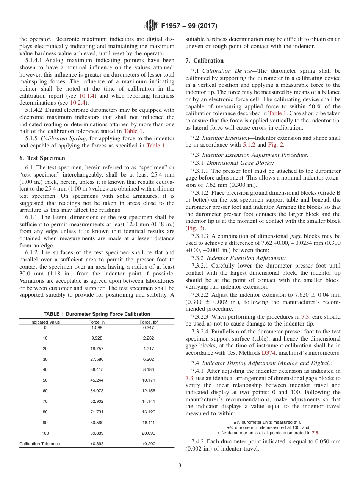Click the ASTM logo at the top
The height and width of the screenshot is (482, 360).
click(x=151, y=26)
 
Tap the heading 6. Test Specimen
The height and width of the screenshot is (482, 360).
click(x=42, y=158)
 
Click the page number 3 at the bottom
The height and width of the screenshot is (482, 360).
click(x=180, y=466)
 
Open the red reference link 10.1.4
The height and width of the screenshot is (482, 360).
click(x=87, y=96)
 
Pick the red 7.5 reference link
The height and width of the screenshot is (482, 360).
click(x=315, y=432)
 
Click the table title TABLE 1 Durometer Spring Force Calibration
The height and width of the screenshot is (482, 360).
click(x=97, y=314)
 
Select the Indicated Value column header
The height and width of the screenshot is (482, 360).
click(x=45, y=322)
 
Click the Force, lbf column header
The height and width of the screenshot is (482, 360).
click(x=148, y=322)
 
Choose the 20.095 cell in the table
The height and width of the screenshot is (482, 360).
click(x=148, y=433)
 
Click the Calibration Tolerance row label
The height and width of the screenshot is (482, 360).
click(x=40, y=444)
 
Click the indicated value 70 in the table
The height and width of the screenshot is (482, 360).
click(x=45, y=401)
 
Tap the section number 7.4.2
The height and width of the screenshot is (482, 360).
click(x=198, y=441)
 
